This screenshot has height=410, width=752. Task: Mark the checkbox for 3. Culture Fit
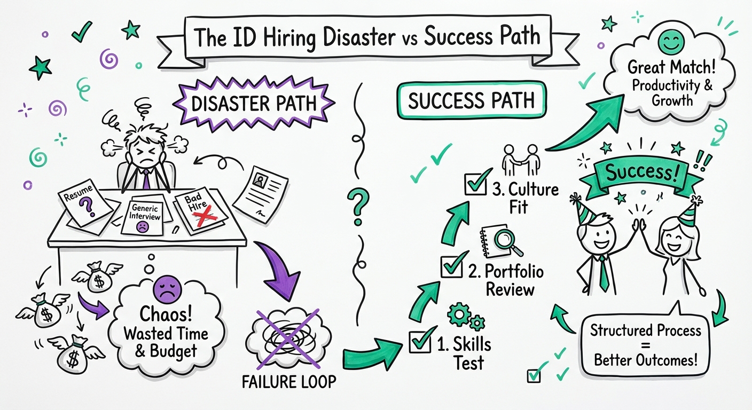pyautogui.click(x=476, y=183)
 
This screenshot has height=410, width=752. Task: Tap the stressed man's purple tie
pyautogui.click(x=145, y=178)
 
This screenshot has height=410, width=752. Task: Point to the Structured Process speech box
pyautogui.click(x=646, y=345)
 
